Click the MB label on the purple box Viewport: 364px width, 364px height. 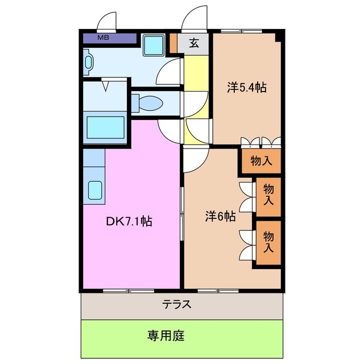tap(103, 38)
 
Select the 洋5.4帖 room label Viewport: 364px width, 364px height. tap(247, 88)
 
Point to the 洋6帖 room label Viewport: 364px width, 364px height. tap(220, 216)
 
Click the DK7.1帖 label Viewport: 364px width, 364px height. tap(129, 221)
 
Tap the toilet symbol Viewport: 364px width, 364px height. tap(149, 104)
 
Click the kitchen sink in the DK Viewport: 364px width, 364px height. tap(94, 189)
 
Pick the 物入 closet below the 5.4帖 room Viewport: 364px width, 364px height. tap(261, 161)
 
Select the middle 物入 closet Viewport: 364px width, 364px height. tap(268, 195)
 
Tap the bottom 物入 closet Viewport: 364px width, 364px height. tap(268, 241)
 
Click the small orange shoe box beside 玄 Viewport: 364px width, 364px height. tap(174, 43)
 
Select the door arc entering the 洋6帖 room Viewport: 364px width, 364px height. tap(192, 161)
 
